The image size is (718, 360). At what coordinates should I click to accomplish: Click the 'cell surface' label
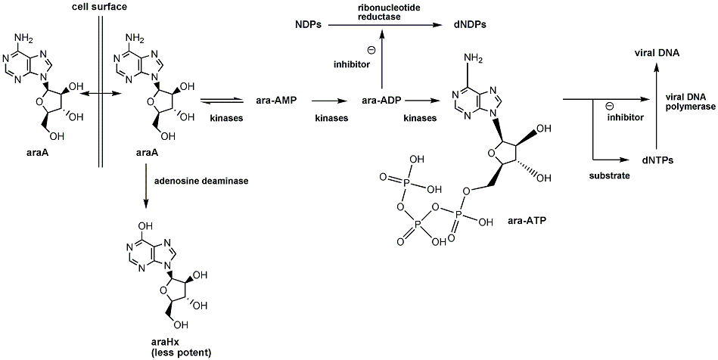[x=98, y=7]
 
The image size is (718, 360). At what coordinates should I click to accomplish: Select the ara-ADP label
[x=381, y=100]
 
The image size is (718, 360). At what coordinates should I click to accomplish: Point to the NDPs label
[x=309, y=25]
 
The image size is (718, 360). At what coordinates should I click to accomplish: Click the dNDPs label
[x=470, y=25]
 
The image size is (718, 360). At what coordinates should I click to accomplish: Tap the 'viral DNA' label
[x=657, y=53]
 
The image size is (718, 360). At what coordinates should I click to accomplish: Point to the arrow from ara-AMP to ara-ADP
[x=331, y=100]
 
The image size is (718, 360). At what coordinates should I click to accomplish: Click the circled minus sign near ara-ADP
[x=371, y=51]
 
